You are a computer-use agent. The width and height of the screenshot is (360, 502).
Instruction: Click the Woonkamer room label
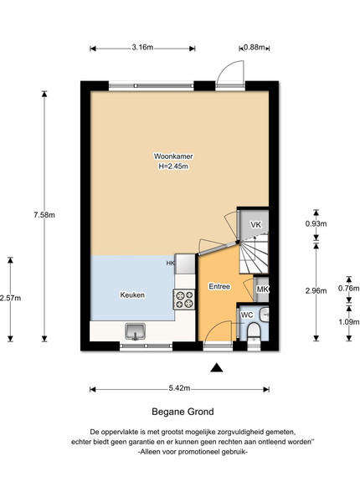[x=173, y=156]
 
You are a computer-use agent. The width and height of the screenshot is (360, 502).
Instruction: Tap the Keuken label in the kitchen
[x=132, y=295]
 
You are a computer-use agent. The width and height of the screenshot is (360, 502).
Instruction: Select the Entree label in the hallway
[x=219, y=286]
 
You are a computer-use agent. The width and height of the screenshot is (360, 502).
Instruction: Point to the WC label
[x=247, y=315]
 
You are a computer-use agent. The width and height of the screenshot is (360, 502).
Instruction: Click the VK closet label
[x=255, y=225]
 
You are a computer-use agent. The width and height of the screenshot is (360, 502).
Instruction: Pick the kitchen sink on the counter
[x=135, y=331]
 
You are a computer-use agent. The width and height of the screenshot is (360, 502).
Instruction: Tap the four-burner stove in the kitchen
[x=184, y=300]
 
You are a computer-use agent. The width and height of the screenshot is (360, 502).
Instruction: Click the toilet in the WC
[x=254, y=330]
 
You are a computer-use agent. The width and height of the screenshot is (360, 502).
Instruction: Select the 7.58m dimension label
[x=44, y=215]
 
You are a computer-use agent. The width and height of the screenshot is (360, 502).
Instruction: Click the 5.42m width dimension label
[x=179, y=389]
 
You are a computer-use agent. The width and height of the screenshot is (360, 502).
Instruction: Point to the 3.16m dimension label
[x=142, y=48]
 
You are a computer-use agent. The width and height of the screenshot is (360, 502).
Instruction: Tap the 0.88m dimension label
[x=255, y=48]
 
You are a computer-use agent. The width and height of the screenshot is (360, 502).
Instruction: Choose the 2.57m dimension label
[x=10, y=298]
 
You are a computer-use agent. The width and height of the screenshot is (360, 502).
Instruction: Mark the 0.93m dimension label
[x=316, y=223]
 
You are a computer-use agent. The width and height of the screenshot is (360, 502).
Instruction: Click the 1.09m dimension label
[x=349, y=322]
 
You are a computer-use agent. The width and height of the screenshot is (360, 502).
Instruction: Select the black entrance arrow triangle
[x=217, y=368]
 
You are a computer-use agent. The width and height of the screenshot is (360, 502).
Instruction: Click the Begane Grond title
[x=183, y=412]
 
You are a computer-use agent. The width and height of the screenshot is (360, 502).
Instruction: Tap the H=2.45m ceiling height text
[x=173, y=166]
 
